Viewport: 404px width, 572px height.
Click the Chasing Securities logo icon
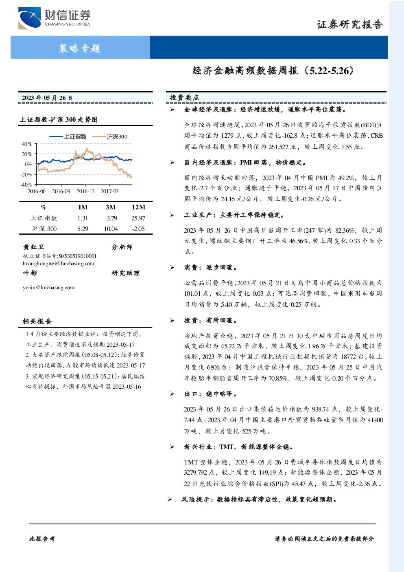[x=29, y=18]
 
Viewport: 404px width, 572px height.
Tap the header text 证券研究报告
[x=349, y=24]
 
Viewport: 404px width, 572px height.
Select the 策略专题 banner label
[x=80, y=48]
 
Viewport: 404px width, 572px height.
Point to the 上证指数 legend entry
[x=68, y=136]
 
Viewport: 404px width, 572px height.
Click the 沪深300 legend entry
[x=110, y=136]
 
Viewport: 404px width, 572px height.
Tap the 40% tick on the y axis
[x=27, y=144]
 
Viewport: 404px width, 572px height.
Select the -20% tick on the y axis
[x=26, y=174]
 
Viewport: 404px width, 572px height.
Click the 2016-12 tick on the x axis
[x=85, y=191]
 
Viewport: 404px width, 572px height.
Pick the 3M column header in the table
[x=110, y=207]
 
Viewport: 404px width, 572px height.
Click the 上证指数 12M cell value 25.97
[x=138, y=218]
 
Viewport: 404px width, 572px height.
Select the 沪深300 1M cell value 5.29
[x=83, y=229]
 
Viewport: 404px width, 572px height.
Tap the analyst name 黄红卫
[x=33, y=247]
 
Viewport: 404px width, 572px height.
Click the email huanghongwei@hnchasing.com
[x=59, y=264]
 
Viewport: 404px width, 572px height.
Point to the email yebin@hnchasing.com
[x=48, y=288]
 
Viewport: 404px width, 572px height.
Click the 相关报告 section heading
[x=37, y=321]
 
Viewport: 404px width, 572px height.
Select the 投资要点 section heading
[x=185, y=97]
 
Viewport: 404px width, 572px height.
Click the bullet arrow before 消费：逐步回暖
[x=173, y=267]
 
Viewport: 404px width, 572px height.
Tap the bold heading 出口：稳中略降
[x=210, y=394]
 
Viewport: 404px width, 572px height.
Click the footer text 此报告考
[x=42, y=539]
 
